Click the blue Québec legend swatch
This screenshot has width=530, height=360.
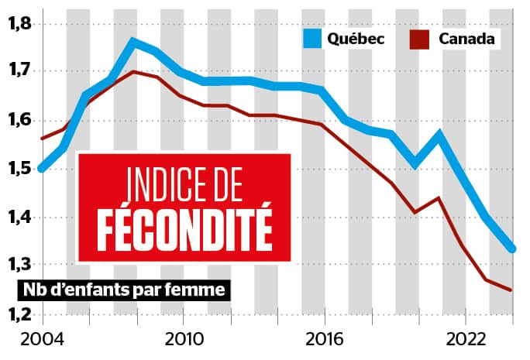tap(313, 38)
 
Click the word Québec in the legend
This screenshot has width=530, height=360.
tap(357, 38)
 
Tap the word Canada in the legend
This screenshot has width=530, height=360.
tap(467, 38)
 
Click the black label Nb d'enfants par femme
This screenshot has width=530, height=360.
tap(123, 291)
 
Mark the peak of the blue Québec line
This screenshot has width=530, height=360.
tap(133, 42)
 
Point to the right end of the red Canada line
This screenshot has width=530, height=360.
tap(511, 290)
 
